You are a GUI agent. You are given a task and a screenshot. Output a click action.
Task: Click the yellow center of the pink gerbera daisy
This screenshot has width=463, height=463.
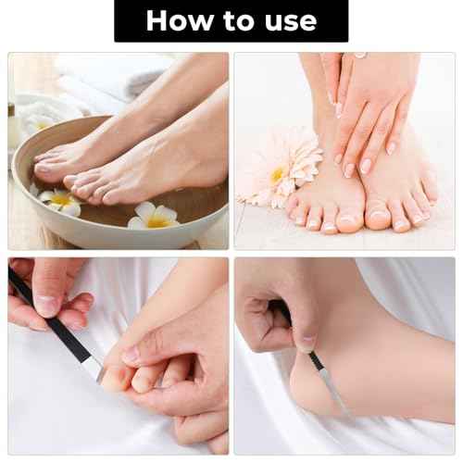278,174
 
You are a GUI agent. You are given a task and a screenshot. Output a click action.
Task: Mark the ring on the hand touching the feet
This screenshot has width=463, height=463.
359,56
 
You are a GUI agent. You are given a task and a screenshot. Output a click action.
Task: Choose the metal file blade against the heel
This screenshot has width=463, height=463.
330,384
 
